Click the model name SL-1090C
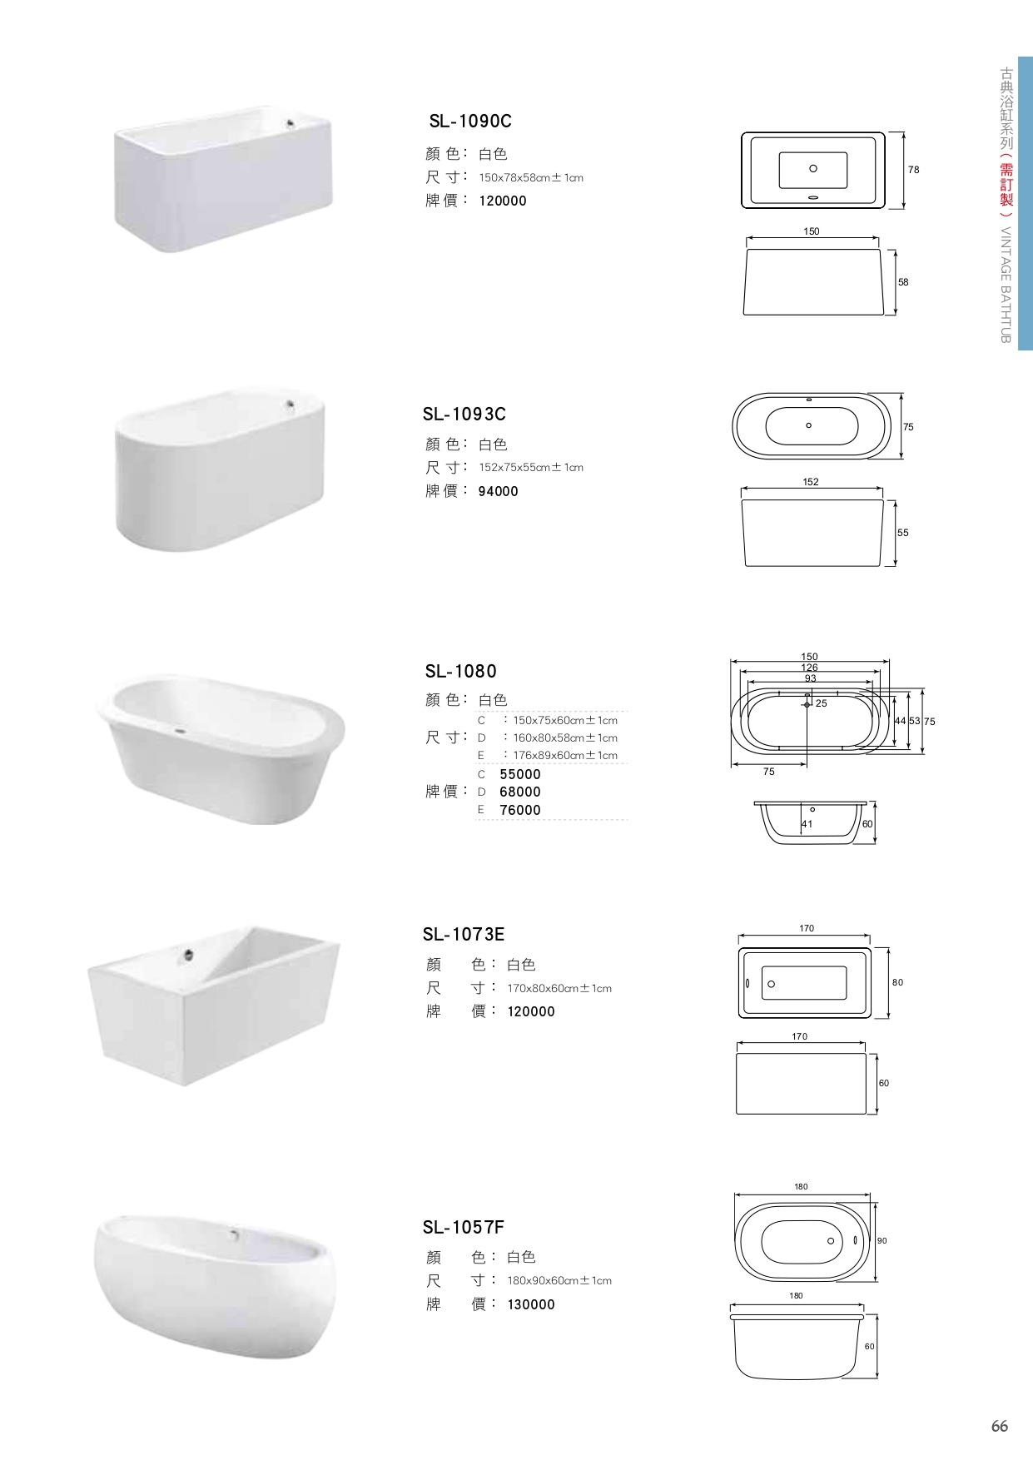pos(470,122)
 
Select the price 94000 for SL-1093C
pos(499,491)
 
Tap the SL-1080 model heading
pos(461,671)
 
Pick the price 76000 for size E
pos(520,810)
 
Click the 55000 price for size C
pos(520,774)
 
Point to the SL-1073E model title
pos(464,934)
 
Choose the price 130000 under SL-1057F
pos(531,1304)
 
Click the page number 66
pos(1000,1426)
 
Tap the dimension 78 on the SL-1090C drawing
pos(914,170)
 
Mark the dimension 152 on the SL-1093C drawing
pos(812,482)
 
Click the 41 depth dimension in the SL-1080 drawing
pos(807,824)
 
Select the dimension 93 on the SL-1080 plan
pos(810,678)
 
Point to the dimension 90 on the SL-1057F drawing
pos(882,1241)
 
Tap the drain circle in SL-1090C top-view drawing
pos(813,168)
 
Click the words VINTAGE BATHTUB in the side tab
pos(1005,285)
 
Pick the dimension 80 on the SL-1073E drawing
pos(897,983)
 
